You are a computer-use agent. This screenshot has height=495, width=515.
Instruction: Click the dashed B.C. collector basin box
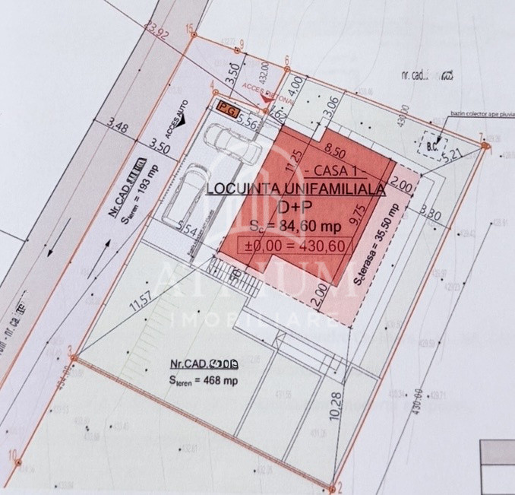click(434, 141)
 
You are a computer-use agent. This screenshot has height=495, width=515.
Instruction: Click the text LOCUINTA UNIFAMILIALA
click(295, 187)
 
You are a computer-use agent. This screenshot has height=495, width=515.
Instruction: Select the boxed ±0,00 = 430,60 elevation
click(290, 246)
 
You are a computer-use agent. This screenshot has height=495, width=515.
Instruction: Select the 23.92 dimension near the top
click(160, 30)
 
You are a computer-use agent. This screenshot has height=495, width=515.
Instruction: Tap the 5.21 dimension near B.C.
click(454, 154)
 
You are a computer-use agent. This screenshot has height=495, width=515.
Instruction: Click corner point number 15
click(189, 27)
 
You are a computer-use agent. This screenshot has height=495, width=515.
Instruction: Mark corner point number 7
click(481, 138)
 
